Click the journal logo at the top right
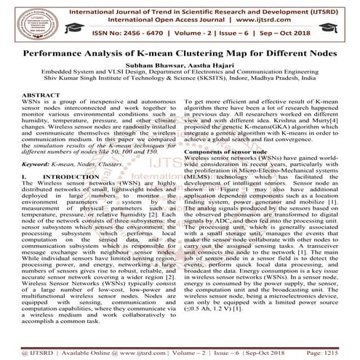pos(340,21)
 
